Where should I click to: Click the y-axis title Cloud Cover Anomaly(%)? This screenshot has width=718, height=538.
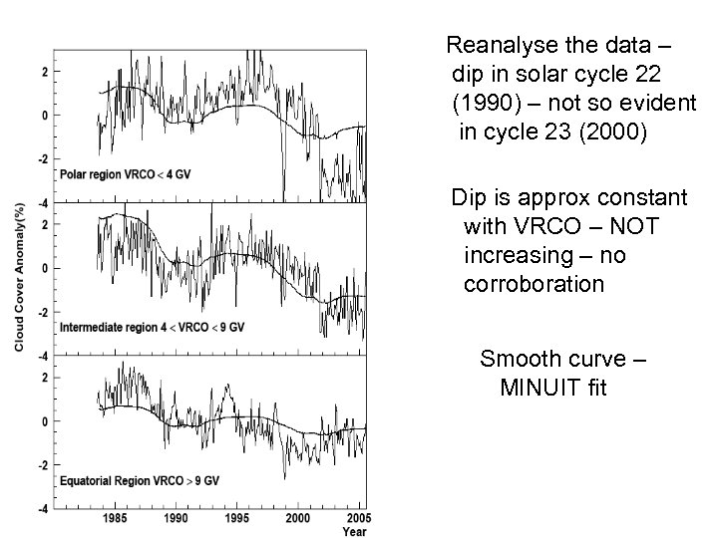19,277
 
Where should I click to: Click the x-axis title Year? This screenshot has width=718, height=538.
354,532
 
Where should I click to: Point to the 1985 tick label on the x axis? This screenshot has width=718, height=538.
114,519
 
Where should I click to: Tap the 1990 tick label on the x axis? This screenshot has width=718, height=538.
176,519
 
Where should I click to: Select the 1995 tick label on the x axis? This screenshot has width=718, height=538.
236,519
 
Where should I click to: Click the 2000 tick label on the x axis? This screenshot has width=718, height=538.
298,519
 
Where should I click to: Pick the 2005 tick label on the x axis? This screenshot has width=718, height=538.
354,519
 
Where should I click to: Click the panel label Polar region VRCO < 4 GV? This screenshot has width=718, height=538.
126,173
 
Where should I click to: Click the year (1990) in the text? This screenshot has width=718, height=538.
485,103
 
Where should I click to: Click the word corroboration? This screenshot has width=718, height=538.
534,284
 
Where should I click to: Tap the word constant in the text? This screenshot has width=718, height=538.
646,197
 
